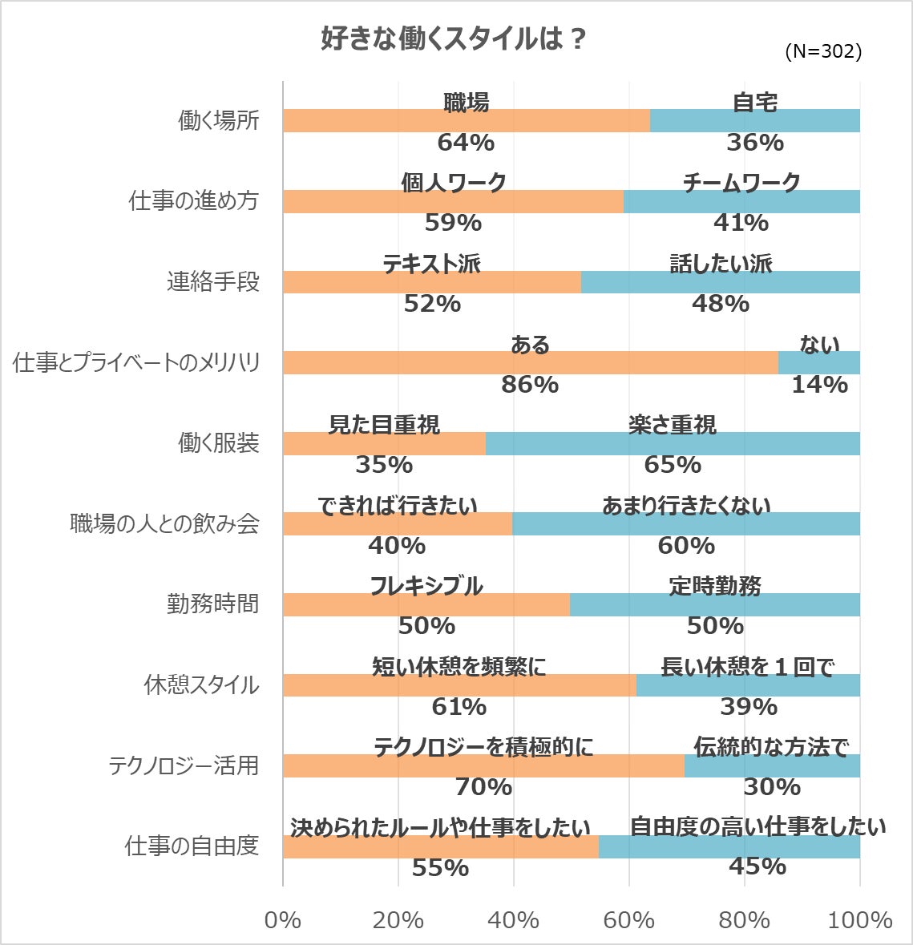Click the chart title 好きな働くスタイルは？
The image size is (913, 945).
[454, 39]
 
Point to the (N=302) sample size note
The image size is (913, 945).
[823, 51]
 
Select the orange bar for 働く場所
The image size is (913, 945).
[466, 120]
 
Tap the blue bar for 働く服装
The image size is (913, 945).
[672, 443]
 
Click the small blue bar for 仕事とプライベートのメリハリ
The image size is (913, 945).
[818, 362]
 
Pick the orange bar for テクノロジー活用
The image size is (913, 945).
[483, 765]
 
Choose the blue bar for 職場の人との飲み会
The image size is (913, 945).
[685, 524]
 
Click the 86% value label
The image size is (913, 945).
[530, 385]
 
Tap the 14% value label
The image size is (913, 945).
[819, 385]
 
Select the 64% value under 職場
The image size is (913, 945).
[466, 143]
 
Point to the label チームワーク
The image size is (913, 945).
[741, 183]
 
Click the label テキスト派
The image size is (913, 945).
[431, 264]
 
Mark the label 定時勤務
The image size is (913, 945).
[715, 586]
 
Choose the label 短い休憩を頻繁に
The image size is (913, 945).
[459, 667]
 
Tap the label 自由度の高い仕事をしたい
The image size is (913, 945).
[757, 826]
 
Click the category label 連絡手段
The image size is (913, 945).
[213, 282]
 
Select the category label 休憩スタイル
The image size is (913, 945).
[201, 685]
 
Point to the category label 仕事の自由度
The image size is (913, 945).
[192, 846]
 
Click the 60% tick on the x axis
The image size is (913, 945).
[629, 920]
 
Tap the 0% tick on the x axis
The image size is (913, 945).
[283, 920]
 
